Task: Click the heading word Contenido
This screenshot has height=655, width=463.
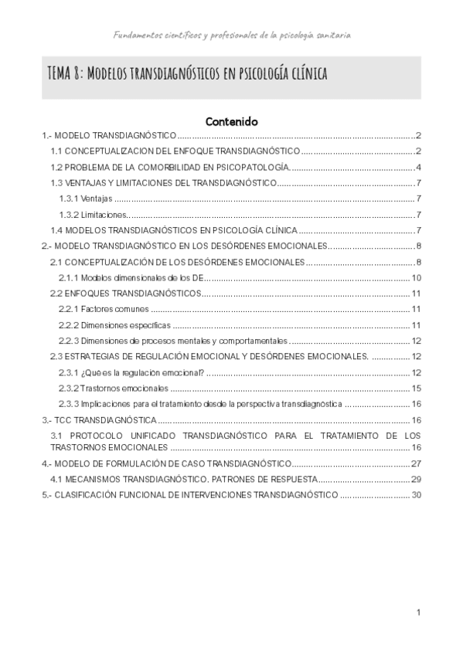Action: (231, 121)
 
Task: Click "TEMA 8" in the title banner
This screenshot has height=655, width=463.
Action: (63, 74)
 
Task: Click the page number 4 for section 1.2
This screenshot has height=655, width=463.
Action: (417, 167)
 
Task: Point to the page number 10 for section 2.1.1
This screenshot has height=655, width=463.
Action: (415, 278)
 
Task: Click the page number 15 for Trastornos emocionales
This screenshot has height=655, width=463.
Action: (415, 389)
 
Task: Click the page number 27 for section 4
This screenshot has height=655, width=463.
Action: (415, 463)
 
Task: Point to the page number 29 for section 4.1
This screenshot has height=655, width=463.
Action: (415, 479)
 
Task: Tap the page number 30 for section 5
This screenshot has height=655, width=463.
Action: (415, 494)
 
